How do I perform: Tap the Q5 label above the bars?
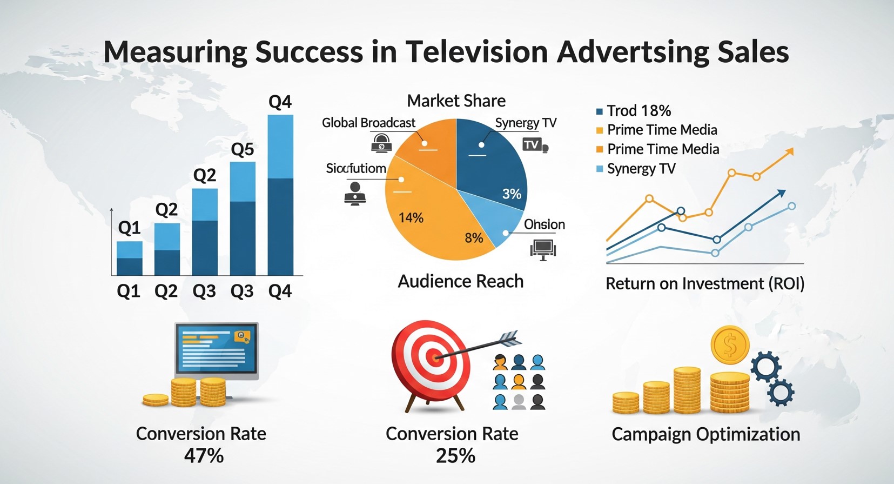point(243,149)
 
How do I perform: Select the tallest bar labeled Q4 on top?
point(280,195)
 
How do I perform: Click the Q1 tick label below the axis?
point(129,291)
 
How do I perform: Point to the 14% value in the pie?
point(411,218)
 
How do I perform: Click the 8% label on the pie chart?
point(474,238)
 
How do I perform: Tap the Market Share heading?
point(456,101)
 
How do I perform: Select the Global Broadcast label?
point(368,123)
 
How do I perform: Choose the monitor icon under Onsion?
point(543,249)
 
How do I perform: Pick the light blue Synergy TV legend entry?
point(641,169)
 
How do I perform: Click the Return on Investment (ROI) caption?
point(705,284)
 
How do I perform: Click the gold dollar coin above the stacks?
point(730,344)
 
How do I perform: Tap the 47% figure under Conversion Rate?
point(204,456)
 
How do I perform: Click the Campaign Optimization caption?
point(705,434)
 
